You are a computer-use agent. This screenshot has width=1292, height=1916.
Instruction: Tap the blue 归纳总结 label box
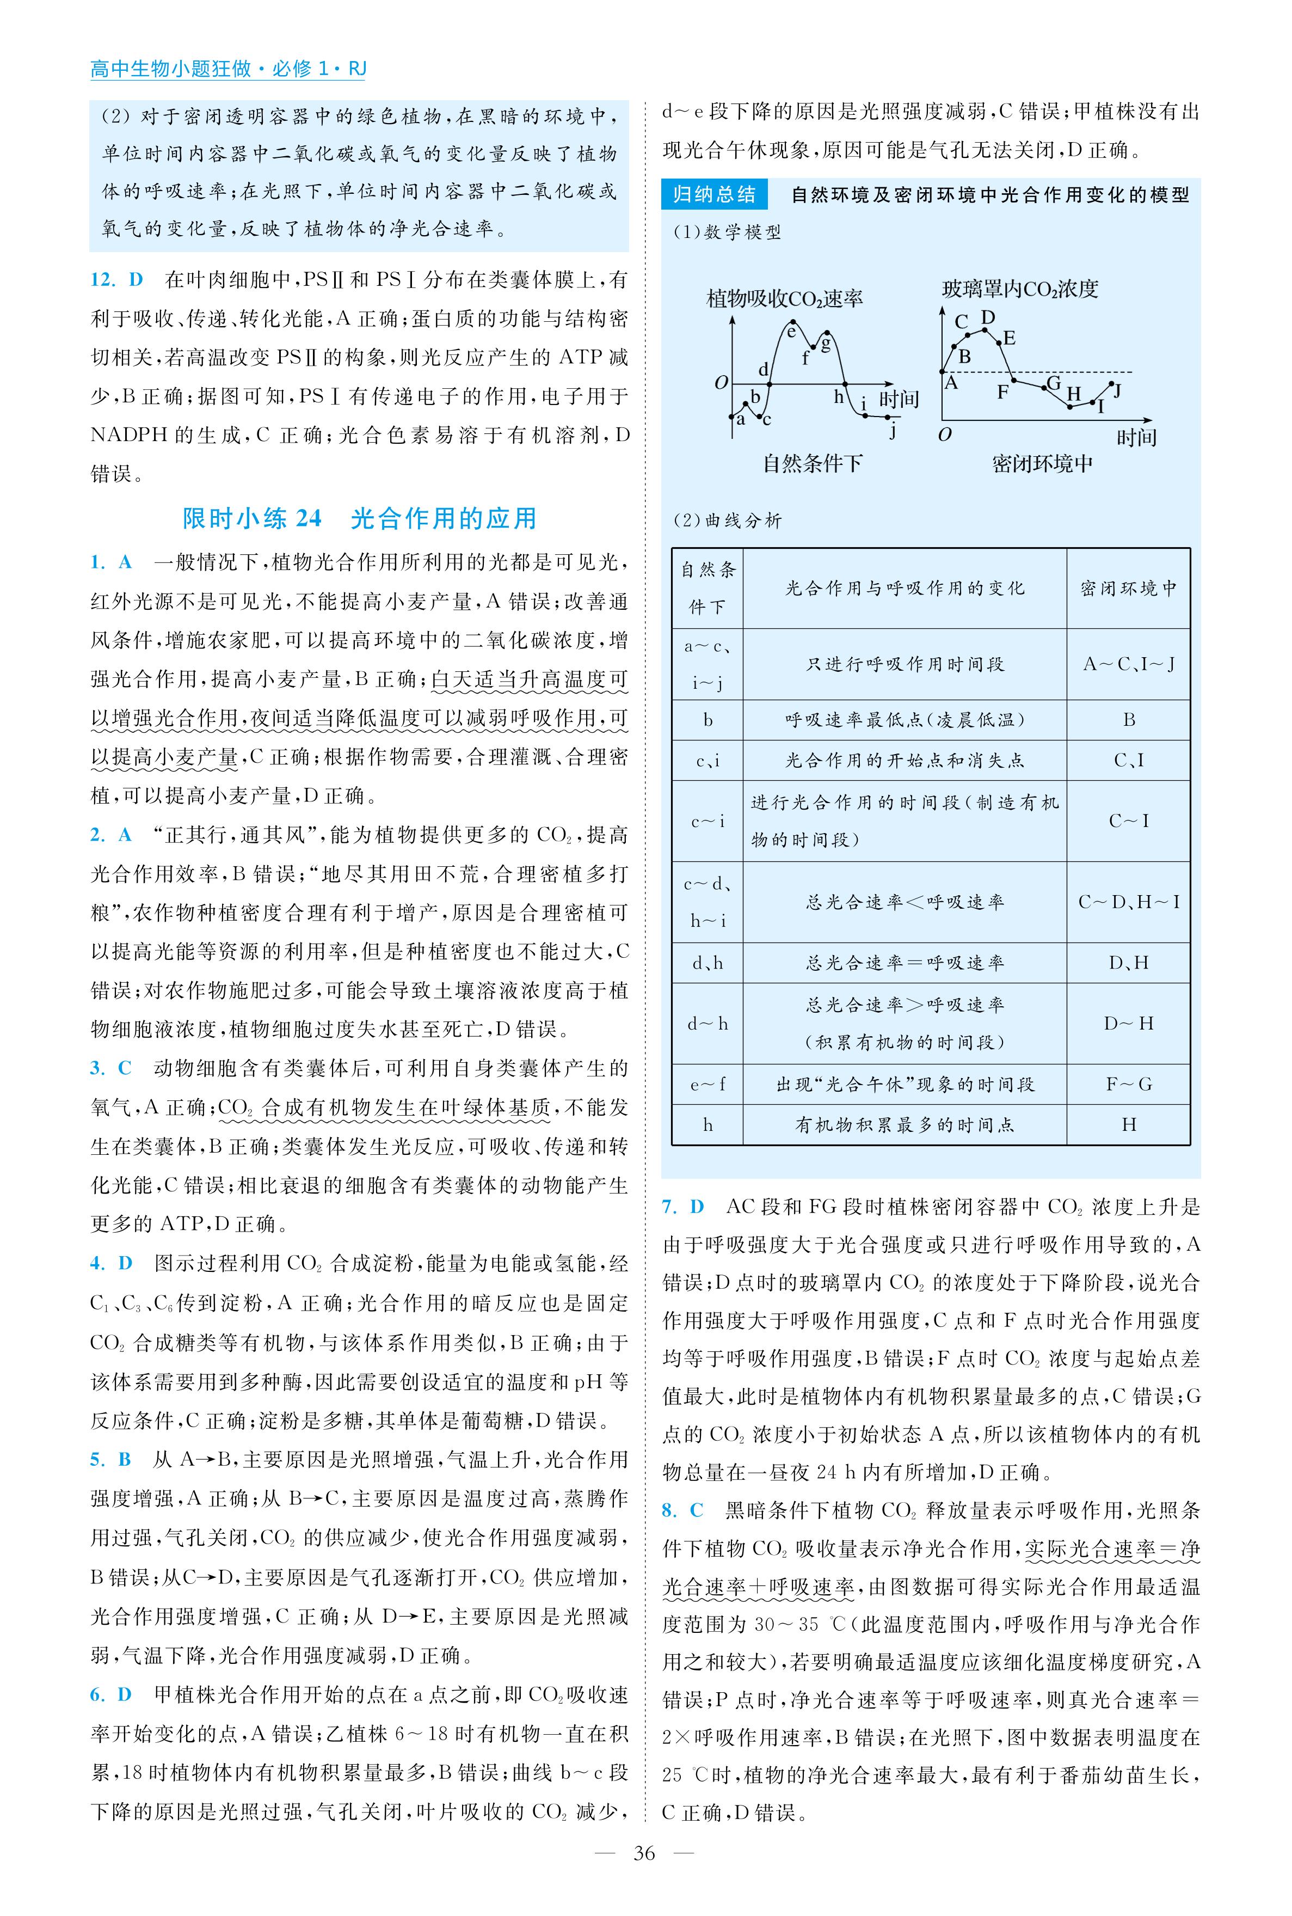713,194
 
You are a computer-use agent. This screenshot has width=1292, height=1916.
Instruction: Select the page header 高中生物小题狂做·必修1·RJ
227,69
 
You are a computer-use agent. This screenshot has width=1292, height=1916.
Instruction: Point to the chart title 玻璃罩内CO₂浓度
1020,289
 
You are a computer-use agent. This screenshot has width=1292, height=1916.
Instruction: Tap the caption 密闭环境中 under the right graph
1042,463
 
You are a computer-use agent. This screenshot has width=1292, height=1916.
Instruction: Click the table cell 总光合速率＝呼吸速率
905,963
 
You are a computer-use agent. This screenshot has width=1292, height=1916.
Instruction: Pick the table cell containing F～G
1128,1085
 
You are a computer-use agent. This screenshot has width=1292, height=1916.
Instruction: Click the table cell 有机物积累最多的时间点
905,1125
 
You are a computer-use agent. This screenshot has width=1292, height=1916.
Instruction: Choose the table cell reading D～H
1128,1024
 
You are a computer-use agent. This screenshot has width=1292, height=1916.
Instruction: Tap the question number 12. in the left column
103,280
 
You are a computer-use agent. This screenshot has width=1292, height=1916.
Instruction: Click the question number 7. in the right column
670,1207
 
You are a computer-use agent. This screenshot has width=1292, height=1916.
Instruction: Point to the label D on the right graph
988,317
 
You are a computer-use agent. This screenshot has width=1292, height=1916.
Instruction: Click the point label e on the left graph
791,331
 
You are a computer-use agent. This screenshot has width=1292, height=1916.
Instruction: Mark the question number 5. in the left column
97,1459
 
